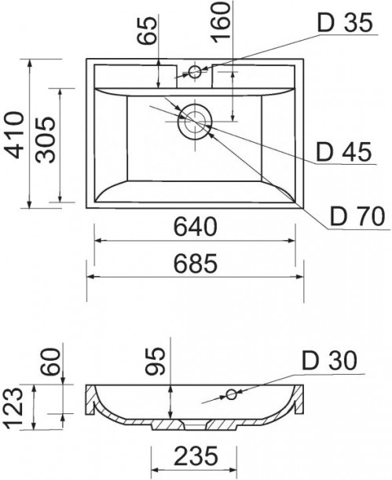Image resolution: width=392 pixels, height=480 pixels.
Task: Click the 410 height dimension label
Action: (x=14, y=135)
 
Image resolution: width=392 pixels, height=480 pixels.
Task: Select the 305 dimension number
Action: (x=45, y=140)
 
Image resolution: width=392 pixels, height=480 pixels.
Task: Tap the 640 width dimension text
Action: (x=196, y=227)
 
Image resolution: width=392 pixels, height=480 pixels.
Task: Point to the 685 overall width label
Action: (x=196, y=264)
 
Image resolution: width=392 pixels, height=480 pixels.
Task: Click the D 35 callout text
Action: (x=346, y=22)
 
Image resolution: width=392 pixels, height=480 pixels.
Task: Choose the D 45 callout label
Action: (x=343, y=152)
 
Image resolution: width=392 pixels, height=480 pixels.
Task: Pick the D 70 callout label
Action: (x=357, y=216)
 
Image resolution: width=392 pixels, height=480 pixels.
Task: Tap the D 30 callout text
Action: (x=330, y=360)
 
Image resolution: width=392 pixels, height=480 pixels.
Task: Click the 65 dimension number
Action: (x=147, y=31)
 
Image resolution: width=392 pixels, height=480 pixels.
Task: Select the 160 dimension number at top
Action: (x=221, y=22)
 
